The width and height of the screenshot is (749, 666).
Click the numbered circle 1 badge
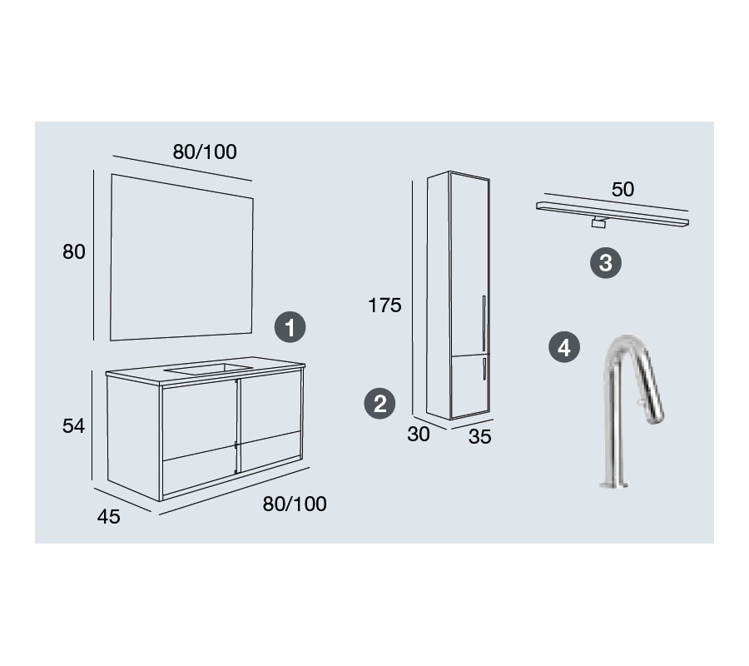[290, 327]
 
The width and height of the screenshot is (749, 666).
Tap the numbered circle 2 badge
[379, 404]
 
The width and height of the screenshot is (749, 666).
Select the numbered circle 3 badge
[606, 263]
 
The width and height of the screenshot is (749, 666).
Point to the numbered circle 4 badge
[564, 347]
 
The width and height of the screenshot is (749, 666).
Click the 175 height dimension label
[384, 306]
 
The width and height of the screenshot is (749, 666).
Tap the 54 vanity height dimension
[73, 425]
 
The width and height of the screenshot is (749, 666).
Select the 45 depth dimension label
[108, 516]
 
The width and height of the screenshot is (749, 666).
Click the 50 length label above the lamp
[623, 190]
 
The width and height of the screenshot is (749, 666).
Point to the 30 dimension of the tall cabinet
[419, 435]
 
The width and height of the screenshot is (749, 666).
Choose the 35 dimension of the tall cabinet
[479, 437]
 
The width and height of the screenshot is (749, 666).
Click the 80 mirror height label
[74, 251]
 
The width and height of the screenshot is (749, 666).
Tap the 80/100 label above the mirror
[205, 152]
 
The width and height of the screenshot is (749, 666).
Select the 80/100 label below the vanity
[295, 504]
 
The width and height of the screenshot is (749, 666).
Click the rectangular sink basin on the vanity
[208, 369]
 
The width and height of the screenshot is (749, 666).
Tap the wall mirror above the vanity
[181, 258]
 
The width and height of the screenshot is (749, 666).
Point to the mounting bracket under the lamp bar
[599, 223]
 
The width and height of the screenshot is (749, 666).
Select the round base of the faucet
[613, 485]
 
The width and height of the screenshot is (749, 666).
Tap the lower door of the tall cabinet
[470, 386]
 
